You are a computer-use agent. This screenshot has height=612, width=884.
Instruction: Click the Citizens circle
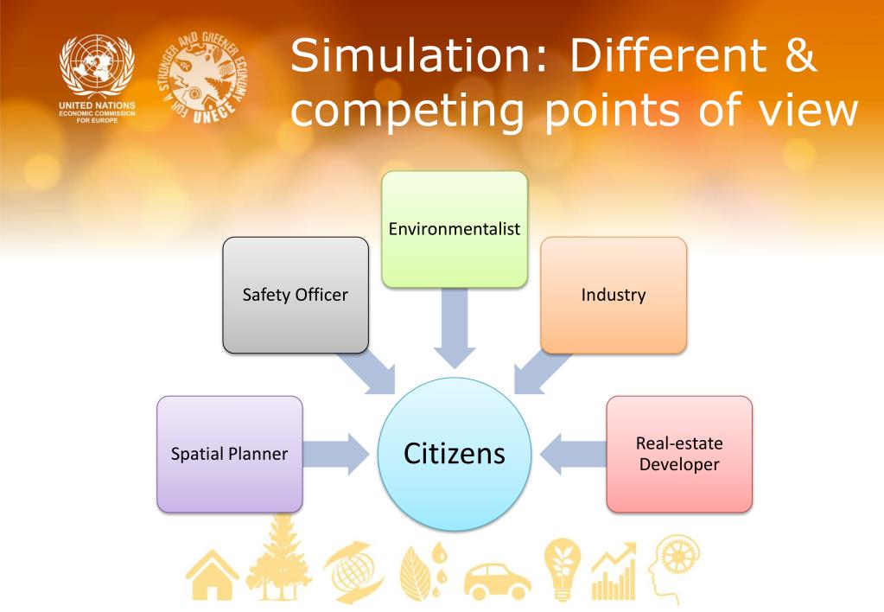(455, 454)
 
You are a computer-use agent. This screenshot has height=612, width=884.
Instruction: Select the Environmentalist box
(455, 229)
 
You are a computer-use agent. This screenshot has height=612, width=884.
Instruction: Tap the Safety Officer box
(296, 295)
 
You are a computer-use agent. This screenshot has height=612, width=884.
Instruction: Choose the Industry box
(614, 295)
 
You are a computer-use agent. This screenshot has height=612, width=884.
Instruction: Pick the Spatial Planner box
(230, 454)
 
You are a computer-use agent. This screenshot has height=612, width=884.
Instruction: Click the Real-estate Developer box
(679, 454)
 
